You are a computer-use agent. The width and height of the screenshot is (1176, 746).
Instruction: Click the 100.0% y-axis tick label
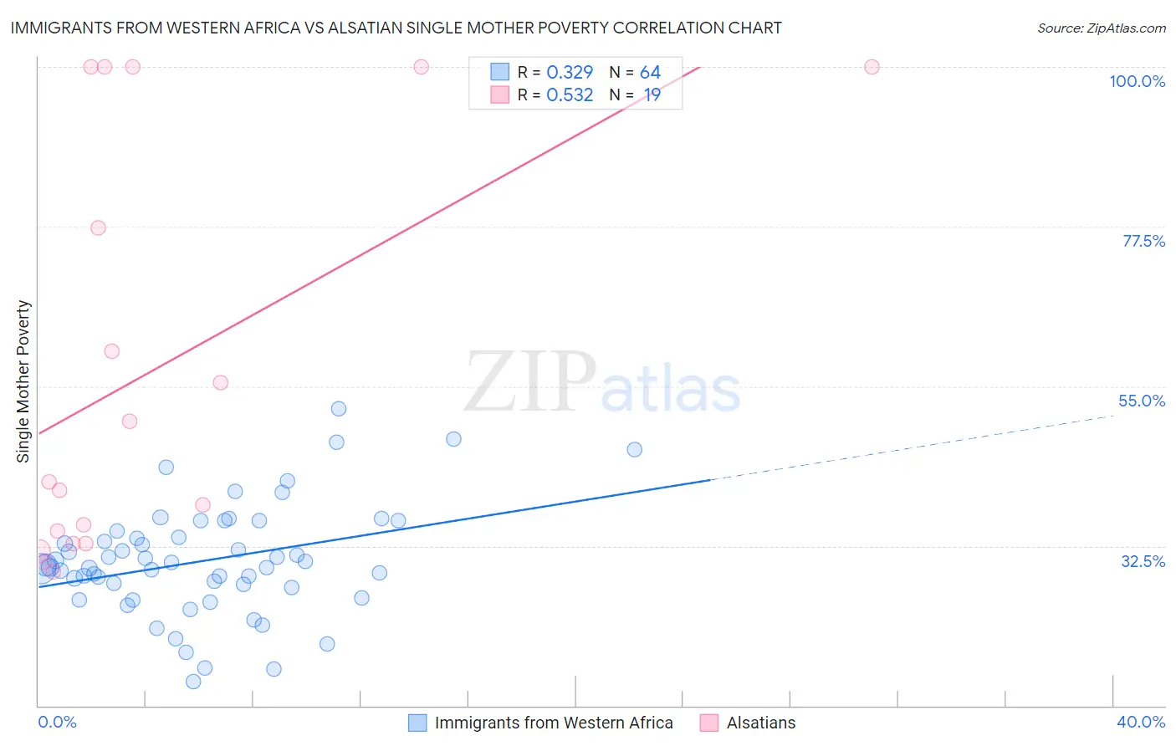(1137, 81)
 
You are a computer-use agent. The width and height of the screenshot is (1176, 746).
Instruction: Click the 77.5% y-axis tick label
(1143, 241)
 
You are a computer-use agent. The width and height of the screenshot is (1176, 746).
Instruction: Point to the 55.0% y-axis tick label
(1141, 401)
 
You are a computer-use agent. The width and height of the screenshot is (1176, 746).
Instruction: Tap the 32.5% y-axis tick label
(1143, 561)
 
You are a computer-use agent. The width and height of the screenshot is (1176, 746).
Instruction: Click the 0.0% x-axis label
(57, 722)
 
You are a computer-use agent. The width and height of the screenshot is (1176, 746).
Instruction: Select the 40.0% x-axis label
(1140, 722)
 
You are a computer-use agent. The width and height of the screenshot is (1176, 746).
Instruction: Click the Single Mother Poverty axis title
(23, 381)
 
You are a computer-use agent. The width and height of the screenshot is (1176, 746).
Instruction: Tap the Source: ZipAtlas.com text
(1101, 28)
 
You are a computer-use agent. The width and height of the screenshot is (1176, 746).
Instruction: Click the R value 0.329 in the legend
(570, 73)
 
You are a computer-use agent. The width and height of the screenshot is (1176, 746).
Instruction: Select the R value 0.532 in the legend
(570, 95)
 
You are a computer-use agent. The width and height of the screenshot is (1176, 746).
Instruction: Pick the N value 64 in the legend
(650, 73)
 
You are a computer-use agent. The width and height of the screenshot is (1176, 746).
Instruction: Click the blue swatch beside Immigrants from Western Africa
(417, 723)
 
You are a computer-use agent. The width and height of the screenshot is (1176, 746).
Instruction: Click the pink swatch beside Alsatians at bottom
(708, 723)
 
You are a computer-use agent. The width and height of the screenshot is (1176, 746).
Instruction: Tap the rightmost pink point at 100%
(872, 67)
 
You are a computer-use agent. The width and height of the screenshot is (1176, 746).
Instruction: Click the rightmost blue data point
(634, 449)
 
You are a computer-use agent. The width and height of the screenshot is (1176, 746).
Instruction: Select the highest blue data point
(339, 409)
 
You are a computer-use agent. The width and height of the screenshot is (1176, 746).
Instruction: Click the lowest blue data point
(193, 682)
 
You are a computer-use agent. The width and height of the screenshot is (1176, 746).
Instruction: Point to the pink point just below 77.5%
(98, 227)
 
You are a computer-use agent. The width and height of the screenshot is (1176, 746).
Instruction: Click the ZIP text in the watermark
(529, 381)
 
